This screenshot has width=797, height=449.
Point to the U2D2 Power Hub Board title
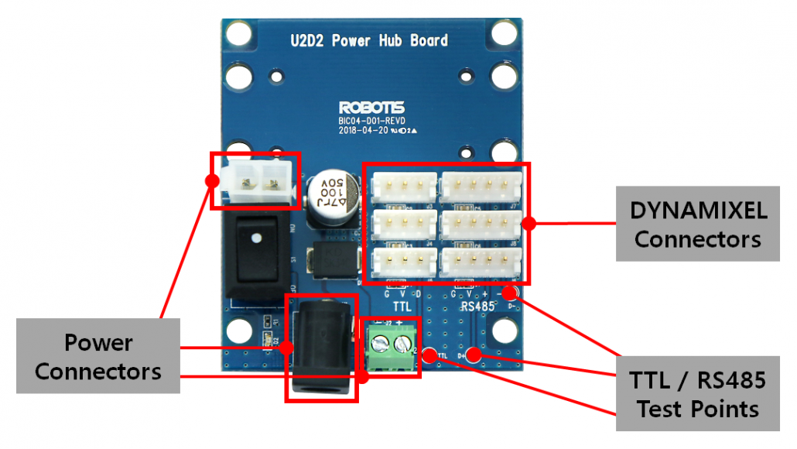click(369, 40)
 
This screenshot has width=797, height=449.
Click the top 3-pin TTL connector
click(403, 187)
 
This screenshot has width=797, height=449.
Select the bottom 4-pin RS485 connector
click(480, 262)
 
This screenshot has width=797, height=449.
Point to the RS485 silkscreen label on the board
click(477, 307)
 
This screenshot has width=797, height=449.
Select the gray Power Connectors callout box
click(98, 356)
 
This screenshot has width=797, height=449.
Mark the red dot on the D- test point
click(509, 293)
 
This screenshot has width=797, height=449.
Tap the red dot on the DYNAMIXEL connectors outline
click(529, 223)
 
